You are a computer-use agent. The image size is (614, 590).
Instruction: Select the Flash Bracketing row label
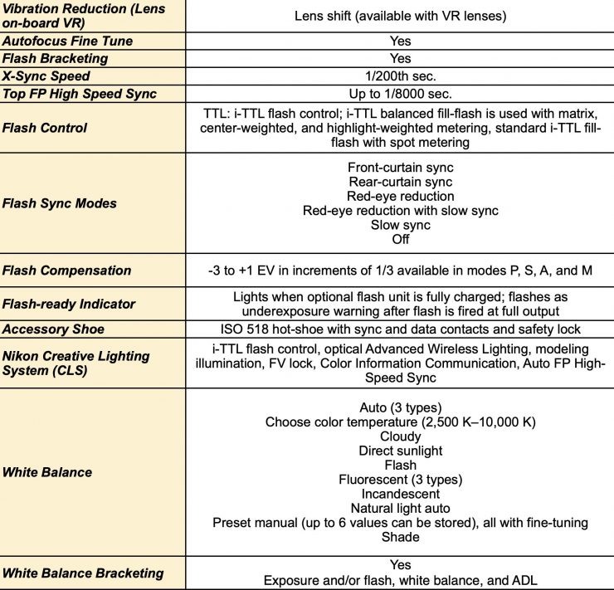click(56, 58)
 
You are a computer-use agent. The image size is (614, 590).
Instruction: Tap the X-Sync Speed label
click(46, 76)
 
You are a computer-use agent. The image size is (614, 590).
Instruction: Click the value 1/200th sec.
click(401, 76)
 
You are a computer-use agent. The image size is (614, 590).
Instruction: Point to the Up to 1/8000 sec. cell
click(401, 94)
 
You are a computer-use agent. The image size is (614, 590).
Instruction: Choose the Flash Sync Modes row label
click(60, 203)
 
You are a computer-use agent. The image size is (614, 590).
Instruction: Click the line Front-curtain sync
click(401, 167)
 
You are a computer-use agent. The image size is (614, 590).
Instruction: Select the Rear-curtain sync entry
click(401, 182)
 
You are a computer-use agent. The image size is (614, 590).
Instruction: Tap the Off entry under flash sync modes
click(401, 240)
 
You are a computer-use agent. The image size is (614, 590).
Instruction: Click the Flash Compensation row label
click(67, 271)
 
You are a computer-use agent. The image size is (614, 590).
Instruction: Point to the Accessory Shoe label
click(54, 329)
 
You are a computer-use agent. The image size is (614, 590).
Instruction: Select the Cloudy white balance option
click(401, 436)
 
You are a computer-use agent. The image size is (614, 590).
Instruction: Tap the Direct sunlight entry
click(401, 451)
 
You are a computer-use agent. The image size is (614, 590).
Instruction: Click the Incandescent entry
click(401, 494)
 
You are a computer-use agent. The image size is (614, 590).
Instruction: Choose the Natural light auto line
click(401, 509)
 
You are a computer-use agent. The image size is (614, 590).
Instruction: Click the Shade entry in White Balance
click(401, 537)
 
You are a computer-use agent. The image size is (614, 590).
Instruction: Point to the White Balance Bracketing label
click(84, 573)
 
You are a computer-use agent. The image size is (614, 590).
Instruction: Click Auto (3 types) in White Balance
click(401, 407)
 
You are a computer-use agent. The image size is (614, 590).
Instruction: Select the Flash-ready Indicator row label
click(69, 304)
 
